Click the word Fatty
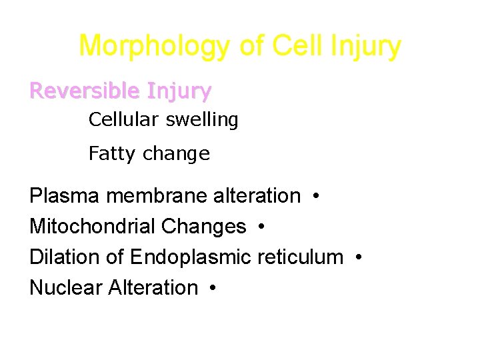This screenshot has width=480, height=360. click(x=110, y=154)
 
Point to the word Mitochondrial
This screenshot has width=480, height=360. click(x=93, y=227)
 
